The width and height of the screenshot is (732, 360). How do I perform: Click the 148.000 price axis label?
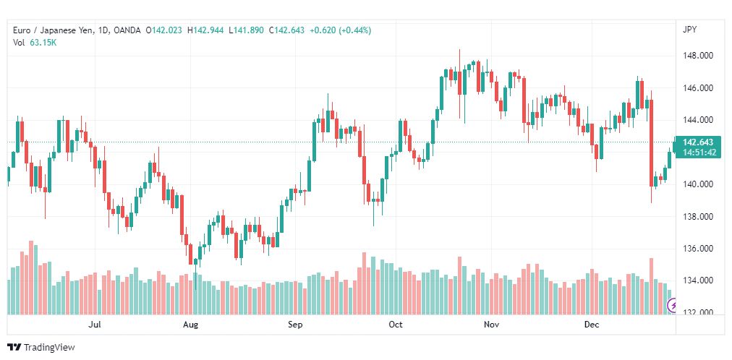698,56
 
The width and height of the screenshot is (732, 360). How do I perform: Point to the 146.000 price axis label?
698,88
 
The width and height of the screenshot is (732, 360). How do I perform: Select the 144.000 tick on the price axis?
698,120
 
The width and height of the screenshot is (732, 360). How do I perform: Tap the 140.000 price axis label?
698,184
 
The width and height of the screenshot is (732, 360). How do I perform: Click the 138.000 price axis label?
698,217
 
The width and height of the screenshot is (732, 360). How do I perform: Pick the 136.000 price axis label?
698,249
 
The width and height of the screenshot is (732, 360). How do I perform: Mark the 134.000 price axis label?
698,280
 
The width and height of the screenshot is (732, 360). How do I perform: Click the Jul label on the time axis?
95,324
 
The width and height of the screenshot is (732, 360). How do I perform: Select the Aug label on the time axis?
190,325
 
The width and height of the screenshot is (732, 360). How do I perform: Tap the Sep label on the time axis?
295,325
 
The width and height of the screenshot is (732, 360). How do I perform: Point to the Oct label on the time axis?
396,324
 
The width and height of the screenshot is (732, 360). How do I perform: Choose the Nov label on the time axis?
492,324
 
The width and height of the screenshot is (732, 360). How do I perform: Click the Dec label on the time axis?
592,324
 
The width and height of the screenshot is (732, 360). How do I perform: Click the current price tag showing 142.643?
698,147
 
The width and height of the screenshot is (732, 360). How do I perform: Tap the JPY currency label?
689,30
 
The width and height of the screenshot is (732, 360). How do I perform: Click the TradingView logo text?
49,348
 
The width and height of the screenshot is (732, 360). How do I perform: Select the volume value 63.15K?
43,43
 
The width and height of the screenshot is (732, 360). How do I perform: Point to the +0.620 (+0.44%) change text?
341,30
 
